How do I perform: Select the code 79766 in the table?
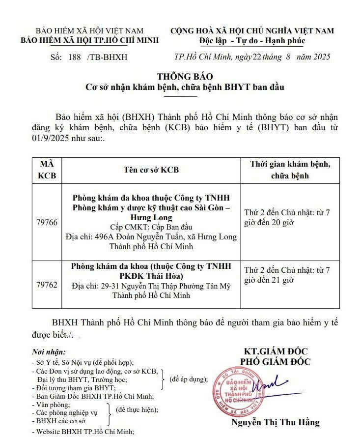point(47,223)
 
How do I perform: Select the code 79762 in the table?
point(47,285)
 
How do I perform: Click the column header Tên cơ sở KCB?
point(151,170)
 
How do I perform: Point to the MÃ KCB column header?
point(47,170)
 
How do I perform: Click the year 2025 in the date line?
point(320,57)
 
